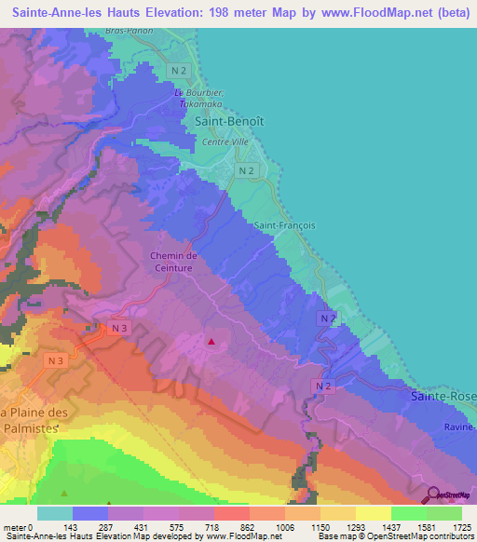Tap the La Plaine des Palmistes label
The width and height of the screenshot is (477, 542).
tap(34, 420)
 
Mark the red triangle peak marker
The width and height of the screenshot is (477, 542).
tap(211, 342)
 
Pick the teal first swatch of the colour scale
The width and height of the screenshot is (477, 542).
tap(55, 513)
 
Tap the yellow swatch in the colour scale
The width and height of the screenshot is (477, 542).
tap(374, 513)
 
